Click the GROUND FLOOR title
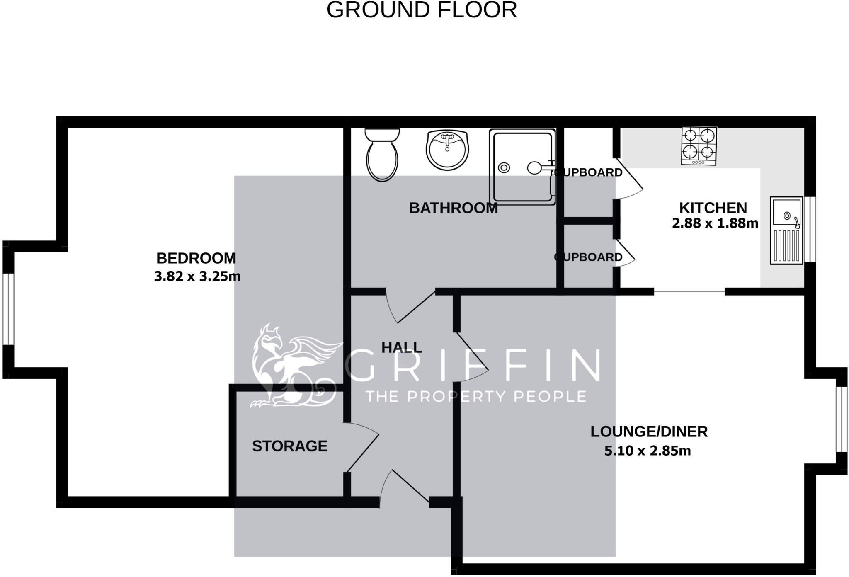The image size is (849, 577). pyautogui.click(x=422, y=10)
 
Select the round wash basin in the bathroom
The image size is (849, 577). pyautogui.click(x=447, y=150)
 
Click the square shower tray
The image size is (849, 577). pyautogui.click(x=522, y=167)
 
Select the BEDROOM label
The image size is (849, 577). pyautogui.click(x=196, y=258)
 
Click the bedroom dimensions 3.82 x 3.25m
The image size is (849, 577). pyautogui.click(x=197, y=276)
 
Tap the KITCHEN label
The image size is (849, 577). pyautogui.click(x=713, y=208)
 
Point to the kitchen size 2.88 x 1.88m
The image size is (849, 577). pyautogui.click(x=715, y=223)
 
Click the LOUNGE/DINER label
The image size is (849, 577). pyautogui.click(x=649, y=432)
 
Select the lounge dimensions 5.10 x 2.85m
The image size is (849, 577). pyautogui.click(x=647, y=451)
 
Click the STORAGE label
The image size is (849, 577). pyautogui.click(x=290, y=446)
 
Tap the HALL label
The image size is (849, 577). pyautogui.click(x=401, y=347)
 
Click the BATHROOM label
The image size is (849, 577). pyautogui.click(x=453, y=208)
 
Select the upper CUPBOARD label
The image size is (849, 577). pyautogui.click(x=589, y=172)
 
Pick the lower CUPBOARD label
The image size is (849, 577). pyautogui.click(x=589, y=257)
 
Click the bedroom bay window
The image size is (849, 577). pyautogui.click(x=8, y=309)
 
